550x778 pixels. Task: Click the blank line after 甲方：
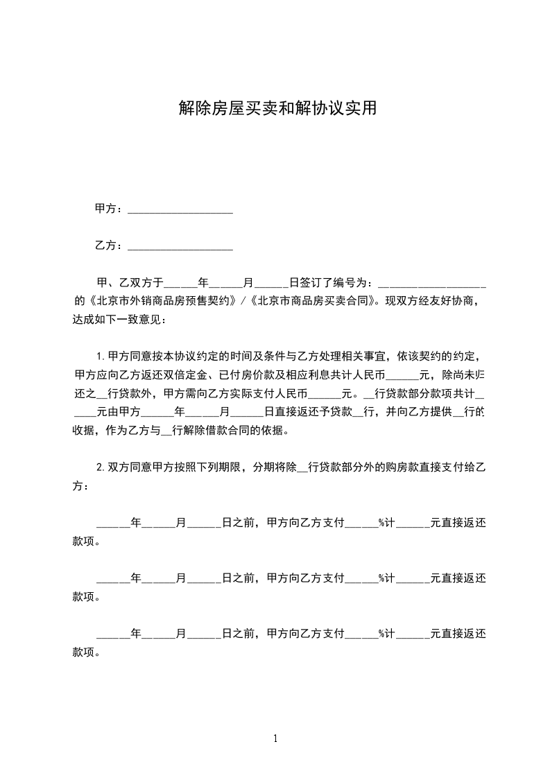180,209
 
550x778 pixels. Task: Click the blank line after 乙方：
180,246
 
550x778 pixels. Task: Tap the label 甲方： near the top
110,209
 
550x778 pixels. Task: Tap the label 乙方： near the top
110,245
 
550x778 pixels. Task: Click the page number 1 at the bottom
275,738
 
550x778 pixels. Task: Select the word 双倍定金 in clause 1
209,375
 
